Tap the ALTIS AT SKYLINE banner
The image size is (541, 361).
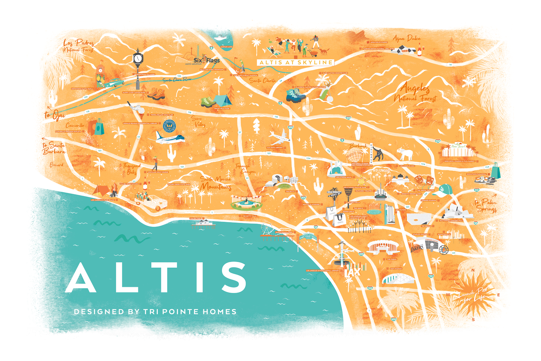click(x=296, y=62)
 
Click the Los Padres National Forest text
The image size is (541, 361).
click(x=79, y=46)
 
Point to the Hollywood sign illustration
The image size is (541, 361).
click(x=381, y=170)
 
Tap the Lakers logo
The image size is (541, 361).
click(x=418, y=248)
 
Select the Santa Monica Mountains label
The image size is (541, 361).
click(x=216, y=183)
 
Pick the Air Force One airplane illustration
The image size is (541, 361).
click(x=170, y=138)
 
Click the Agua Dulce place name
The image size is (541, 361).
click(x=406, y=38)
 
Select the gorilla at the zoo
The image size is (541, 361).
click(x=378, y=154)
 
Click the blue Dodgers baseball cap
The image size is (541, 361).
click(x=446, y=190)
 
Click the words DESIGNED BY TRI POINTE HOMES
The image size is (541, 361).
click(x=155, y=312)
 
